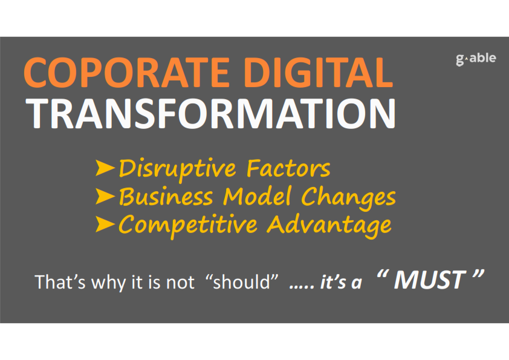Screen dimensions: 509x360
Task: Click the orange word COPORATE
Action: pyautogui.click(x=127, y=72)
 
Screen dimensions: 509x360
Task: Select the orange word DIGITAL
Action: pyautogui.click(x=319, y=72)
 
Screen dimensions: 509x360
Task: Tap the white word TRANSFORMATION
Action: pyautogui.click(x=211, y=113)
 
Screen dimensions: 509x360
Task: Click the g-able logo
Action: pyautogui.click(x=476, y=59)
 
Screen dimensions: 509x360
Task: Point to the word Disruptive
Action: pyautogui.click(x=177, y=169)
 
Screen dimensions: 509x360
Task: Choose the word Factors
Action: pyautogui.click(x=288, y=168)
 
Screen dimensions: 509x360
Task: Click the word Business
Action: pyautogui.click(x=166, y=196)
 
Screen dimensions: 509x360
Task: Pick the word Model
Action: pyautogui.click(x=257, y=196)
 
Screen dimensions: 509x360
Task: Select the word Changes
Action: pyautogui.click(x=348, y=197)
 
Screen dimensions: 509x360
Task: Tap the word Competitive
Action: pyautogui.click(x=188, y=225)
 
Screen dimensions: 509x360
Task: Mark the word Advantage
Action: pyautogui.click(x=329, y=225)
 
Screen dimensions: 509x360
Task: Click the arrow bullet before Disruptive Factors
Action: pyautogui.click(x=105, y=168)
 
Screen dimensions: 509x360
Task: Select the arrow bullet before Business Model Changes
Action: pyautogui.click(x=105, y=196)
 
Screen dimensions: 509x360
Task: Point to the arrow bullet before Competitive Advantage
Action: pyautogui.click(x=105, y=224)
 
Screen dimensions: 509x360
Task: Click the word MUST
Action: pyautogui.click(x=429, y=280)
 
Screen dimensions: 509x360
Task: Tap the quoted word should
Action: pyautogui.click(x=242, y=282)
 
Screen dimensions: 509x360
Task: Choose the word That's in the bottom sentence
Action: pyautogui.click(x=60, y=282)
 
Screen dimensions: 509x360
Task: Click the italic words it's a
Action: pyautogui.click(x=341, y=282)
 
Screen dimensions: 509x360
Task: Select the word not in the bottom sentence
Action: pyautogui.click(x=180, y=283)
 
